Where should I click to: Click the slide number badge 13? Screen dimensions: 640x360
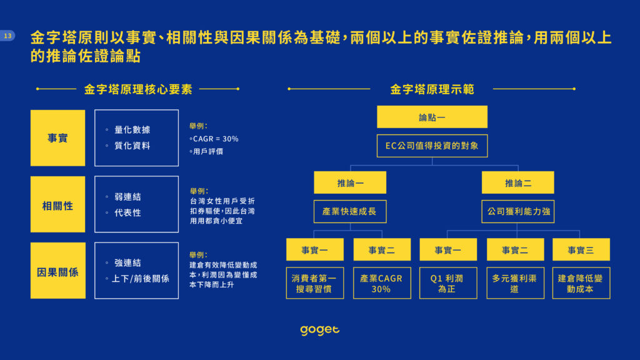(7, 36)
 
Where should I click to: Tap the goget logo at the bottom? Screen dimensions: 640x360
(319, 330)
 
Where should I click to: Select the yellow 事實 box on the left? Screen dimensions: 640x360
(58, 138)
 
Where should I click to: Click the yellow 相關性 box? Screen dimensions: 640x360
(58, 204)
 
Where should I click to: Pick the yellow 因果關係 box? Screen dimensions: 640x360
(58, 271)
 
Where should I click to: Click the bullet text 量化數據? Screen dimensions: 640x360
(132, 130)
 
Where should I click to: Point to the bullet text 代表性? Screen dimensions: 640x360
(127, 212)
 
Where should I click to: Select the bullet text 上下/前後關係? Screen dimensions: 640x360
(141, 279)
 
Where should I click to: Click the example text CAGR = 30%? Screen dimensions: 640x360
(216, 139)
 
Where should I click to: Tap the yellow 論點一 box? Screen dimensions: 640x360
(432, 117)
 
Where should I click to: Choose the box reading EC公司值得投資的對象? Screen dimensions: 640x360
(432, 146)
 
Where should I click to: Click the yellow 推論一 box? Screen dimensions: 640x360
(350, 182)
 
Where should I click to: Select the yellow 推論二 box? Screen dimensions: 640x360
(518, 182)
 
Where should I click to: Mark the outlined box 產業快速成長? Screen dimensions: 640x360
(350, 211)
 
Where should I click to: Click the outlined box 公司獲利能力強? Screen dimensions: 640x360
(518, 211)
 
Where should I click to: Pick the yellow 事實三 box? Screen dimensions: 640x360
(581, 249)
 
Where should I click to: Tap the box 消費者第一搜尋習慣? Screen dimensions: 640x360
(315, 283)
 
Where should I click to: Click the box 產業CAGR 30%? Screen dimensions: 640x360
(382, 283)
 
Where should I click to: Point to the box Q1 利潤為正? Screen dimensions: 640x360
(448, 283)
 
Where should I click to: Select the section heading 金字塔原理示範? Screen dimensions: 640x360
(432, 89)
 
